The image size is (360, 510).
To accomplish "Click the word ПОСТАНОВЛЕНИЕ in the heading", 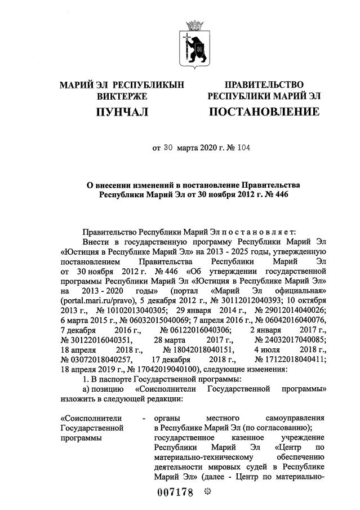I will pos(264,112).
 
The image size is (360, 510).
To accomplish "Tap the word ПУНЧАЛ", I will pos(122,112).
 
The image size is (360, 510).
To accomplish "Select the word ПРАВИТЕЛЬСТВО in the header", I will pos(264,85).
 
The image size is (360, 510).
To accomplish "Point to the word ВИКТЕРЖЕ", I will pos(122,96).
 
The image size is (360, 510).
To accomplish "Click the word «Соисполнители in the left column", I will pos(85,419).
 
